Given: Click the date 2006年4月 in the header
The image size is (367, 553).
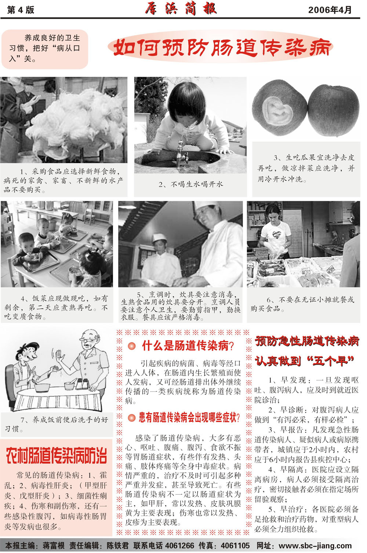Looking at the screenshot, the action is pos(330,10).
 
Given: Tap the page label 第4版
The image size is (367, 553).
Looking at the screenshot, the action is pos(21,10).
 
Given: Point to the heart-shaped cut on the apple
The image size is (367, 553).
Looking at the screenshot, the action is pos(277,111).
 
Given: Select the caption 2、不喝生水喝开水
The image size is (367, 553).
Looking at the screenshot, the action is pos(191,184).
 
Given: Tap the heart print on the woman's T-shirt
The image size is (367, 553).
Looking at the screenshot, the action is pos(276,234).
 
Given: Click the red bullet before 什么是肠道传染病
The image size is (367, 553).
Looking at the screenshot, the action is pos(131,346).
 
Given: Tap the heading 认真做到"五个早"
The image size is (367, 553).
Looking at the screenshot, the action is pos(305,361).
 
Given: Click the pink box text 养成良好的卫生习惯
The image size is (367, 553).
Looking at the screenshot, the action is pos(45,48).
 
